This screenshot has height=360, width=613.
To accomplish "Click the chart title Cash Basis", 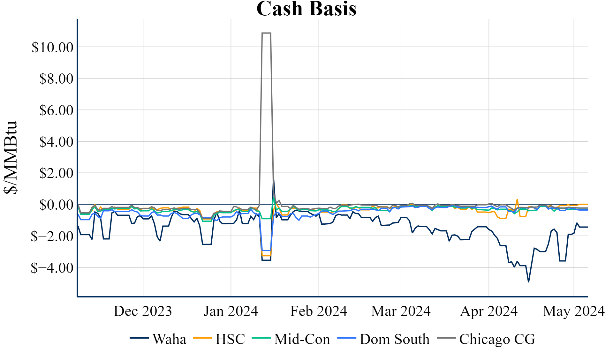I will click(306, 9).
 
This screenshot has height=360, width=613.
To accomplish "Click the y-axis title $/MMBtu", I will click(10, 157).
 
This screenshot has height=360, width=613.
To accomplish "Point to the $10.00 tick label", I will click(52, 47).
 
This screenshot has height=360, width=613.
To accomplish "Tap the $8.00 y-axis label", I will click(56, 79).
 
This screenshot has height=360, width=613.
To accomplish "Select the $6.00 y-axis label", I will click(56, 110).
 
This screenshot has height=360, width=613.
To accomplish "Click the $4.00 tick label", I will click(56, 142).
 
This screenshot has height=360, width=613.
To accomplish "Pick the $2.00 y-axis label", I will click(56, 173).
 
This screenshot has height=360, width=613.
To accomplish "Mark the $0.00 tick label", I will click(56, 205).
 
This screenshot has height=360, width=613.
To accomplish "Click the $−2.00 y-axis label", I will click(52, 236).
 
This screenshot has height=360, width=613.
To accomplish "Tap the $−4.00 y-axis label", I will click(52, 268).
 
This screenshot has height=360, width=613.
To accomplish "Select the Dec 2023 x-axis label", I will click(143, 311).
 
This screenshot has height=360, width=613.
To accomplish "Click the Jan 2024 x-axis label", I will click(231, 311).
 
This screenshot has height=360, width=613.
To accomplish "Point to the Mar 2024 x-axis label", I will click(401, 311).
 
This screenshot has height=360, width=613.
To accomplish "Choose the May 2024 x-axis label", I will click(574, 311).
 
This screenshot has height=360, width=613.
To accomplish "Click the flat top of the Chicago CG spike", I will click(266, 33).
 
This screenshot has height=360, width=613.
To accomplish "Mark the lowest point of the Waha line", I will click(528, 282).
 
